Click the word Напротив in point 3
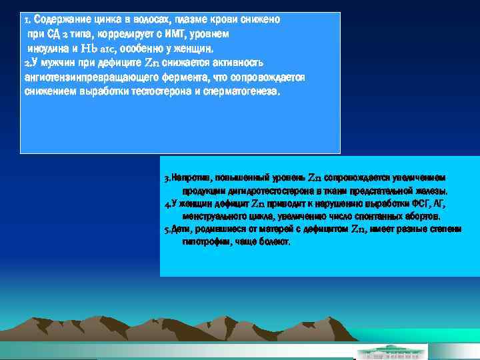[189, 178]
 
